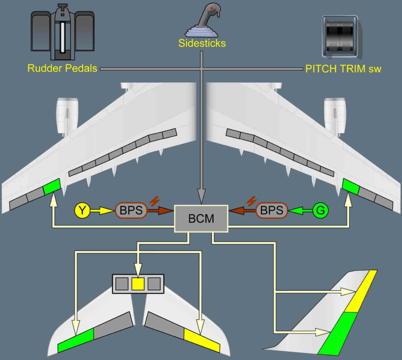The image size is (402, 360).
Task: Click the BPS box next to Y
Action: [x=130, y=210]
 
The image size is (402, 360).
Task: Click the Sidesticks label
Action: [x=201, y=44]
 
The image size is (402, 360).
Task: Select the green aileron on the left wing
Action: [x=52, y=187]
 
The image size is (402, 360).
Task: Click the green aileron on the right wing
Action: [x=350, y=187]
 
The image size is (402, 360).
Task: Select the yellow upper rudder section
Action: [x=363, y=291]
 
